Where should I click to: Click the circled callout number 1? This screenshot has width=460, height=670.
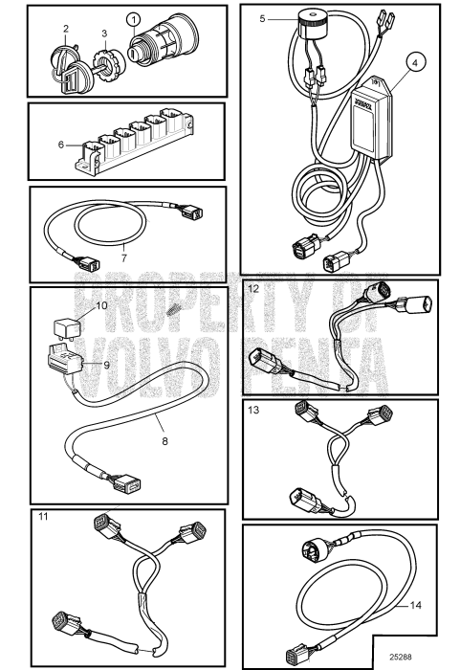[134, 20]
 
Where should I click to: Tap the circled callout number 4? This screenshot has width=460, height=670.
[415, 62]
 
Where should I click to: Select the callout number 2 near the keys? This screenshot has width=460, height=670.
[66, 29]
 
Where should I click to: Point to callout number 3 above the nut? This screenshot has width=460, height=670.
[104, 33]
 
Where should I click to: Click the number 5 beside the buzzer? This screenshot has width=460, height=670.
[262, 19]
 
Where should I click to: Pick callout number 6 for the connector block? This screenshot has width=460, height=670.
[61, 145]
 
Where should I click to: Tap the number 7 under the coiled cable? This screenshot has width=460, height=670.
[124, 258]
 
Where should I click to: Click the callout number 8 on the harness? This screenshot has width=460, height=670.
[164, 441]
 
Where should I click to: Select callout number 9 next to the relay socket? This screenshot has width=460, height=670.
[106, 365]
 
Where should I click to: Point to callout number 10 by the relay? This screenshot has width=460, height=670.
[101, 305]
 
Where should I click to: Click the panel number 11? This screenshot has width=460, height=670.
[43, 517]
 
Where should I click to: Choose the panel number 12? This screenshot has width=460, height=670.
[253, 289]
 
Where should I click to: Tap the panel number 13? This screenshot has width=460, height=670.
[253, 410]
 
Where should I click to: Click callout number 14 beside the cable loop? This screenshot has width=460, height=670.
[416, 605]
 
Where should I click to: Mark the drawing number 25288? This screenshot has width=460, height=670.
[400, 657]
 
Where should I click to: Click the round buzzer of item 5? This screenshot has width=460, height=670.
[311, 25]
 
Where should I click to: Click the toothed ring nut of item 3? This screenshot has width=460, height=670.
[107, 63]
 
